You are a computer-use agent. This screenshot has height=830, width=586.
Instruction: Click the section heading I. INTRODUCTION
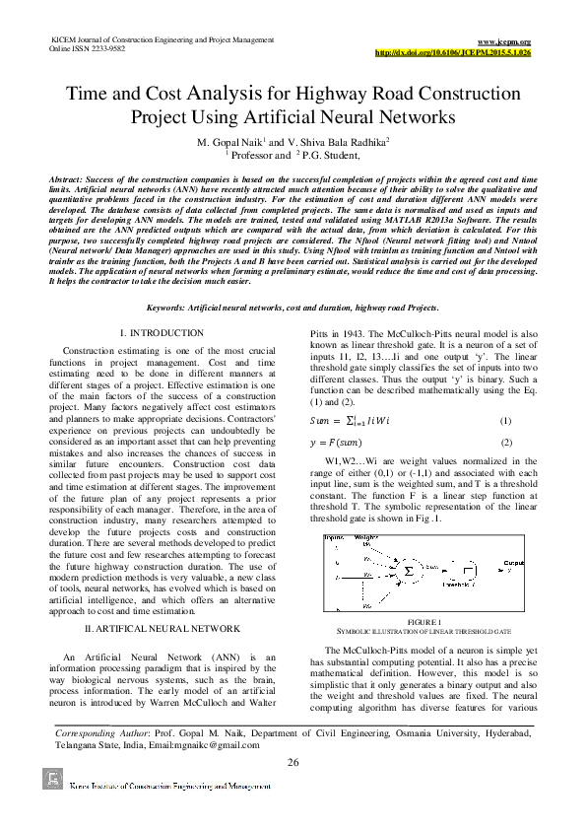coord(161,335)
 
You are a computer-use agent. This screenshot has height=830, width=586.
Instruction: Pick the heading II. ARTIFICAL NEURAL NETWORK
coord(161,627)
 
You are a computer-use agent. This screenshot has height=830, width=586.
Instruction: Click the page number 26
coord(293,764)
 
